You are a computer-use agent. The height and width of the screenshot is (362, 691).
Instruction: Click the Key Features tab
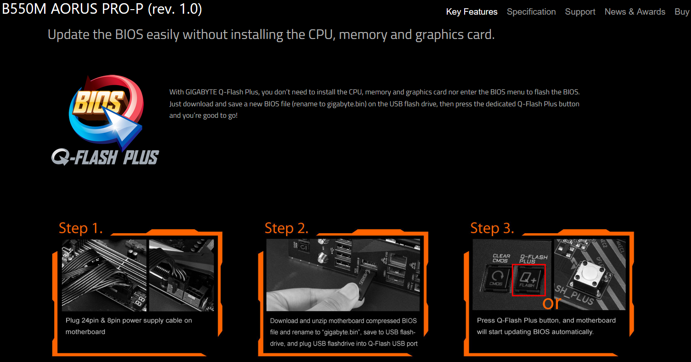tap(472, 12)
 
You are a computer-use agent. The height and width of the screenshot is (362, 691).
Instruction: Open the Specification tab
tap(531, 12)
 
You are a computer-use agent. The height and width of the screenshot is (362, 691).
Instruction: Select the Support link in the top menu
tap(580, 12)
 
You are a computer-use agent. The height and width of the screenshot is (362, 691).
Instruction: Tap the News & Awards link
tap(635, 12)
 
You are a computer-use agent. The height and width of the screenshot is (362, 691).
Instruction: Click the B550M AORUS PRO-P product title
tap(102, 9)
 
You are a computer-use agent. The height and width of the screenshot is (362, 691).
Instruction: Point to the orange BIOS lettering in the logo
tap(98, 102)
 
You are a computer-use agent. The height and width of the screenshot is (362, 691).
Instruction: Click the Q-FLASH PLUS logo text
tap(105, 157)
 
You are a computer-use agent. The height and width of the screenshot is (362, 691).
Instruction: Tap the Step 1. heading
tap(80, 228)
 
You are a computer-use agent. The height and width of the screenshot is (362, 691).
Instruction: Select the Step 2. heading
tap(287, 228)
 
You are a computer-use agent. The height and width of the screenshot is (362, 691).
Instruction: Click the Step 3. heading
tap(492, 228)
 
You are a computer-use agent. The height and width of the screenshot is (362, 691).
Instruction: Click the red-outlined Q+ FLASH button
tap(529, 280)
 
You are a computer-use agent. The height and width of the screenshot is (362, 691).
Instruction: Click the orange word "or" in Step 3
tap(551, 303)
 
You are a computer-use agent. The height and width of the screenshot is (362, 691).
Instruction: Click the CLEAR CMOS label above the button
tap(501, 258)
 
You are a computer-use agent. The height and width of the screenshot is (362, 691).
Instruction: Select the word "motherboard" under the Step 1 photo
tap(85, 332)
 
